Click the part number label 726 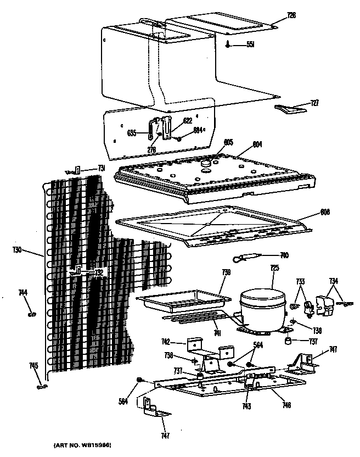tap(291, 15)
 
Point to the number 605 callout tap(228, 142)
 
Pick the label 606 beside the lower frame tap(325, 211)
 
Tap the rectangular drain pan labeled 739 tap(182, 301)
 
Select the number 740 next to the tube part tap(284, 255)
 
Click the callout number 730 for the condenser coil tap(17, 249)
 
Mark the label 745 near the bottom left tap(33, 365)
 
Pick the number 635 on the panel tap(132, 132)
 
